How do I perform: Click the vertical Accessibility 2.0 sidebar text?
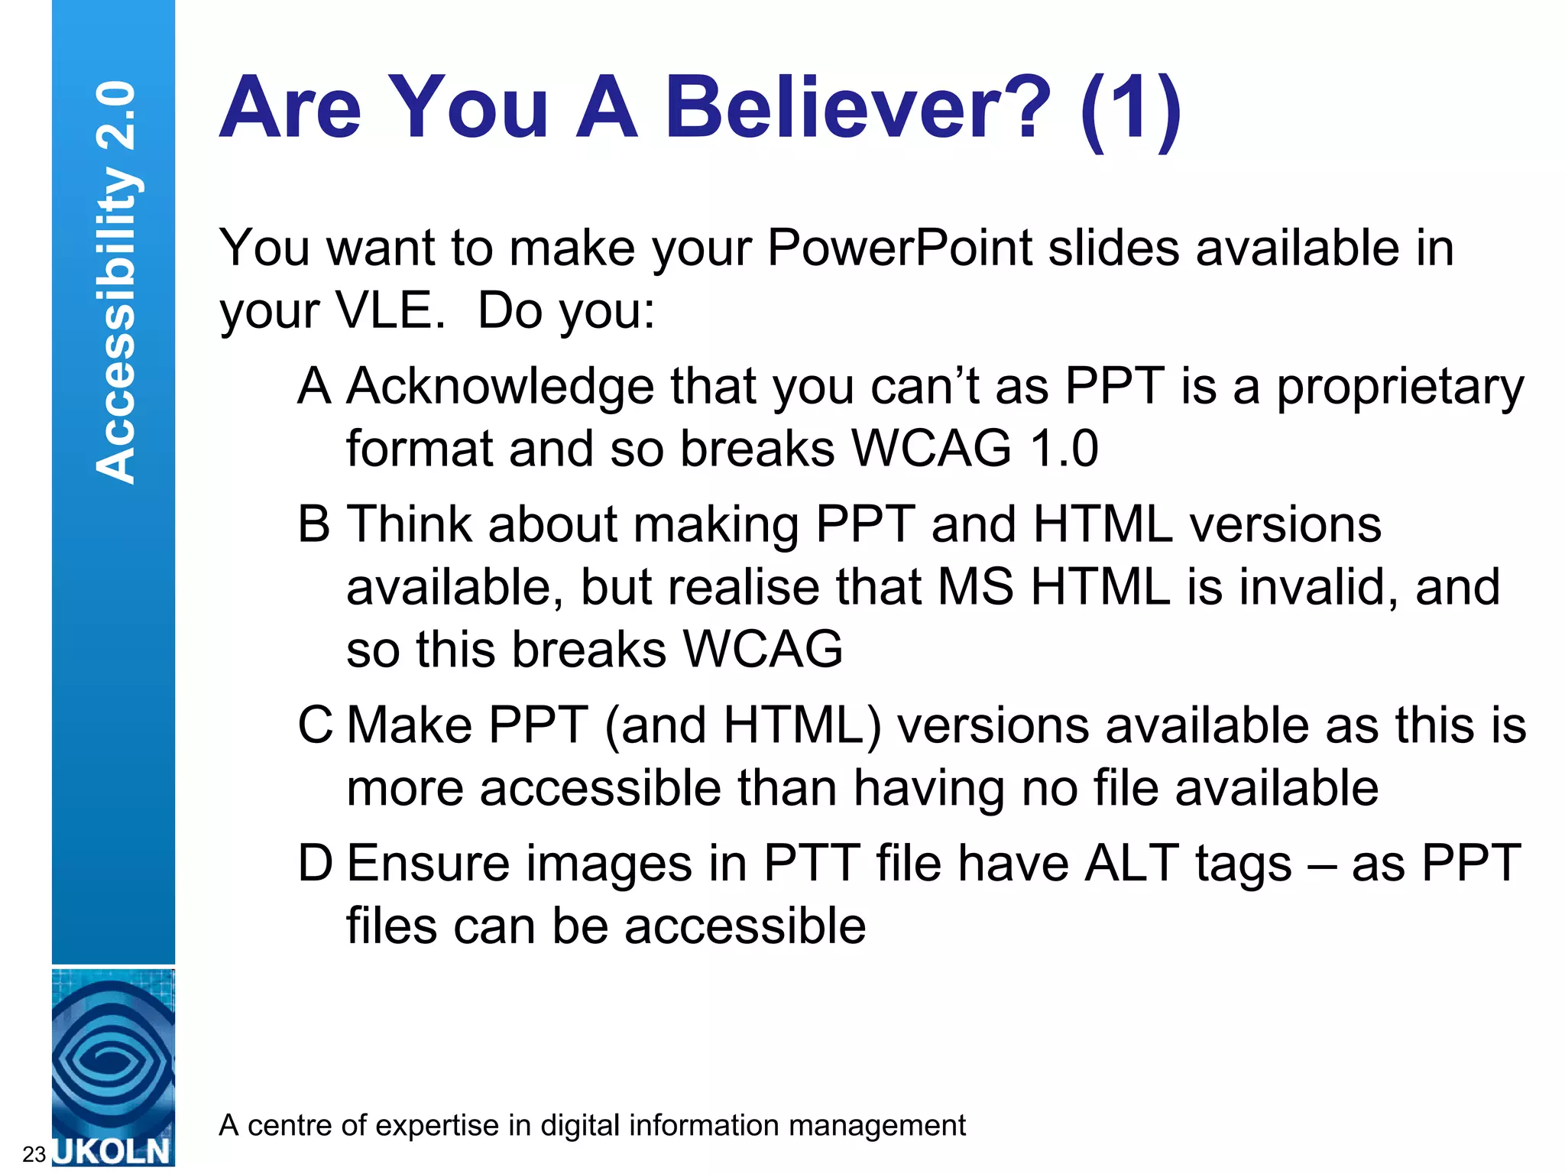click(x=116, y=283)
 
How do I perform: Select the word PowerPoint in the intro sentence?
click(x=899, y=248)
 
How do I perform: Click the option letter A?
click(x=314, y=386)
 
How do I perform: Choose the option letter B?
click(x=313, y=525)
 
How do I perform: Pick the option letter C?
click(x=315, y=725)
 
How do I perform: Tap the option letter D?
click(x=315, y=864)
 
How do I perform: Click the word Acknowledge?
click(x=500, y=387)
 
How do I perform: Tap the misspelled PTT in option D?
click(x=812, y=864)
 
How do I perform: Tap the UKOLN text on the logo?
click(x=113, y=1151)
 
